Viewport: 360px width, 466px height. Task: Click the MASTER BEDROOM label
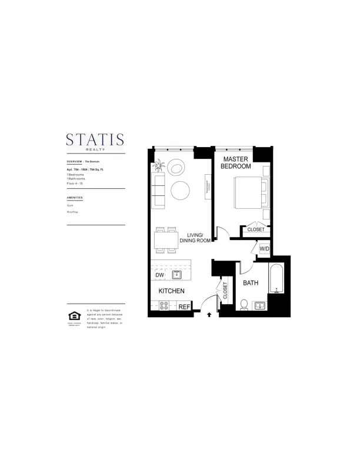pos(236,162)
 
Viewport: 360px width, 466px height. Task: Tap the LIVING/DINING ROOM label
pos(195,238)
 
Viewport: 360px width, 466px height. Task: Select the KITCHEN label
pos(171,291)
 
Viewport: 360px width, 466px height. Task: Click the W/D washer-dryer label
pos(264,249)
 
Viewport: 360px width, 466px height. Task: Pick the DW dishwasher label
pos(159,275)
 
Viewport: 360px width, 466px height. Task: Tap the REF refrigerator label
pos(184,307)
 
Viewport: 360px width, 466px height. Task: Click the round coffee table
pos(180,189)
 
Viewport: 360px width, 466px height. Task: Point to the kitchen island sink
pos(176,274)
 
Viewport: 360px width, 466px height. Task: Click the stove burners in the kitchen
pos(165,306)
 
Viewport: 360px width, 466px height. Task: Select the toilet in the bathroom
pos(245,304)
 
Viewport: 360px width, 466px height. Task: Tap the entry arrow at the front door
pos(210,315)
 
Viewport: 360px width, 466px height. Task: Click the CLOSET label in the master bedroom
pos(255,229)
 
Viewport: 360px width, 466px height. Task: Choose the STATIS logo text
pos(95,139)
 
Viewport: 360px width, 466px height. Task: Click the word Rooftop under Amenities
pos(73,211)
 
